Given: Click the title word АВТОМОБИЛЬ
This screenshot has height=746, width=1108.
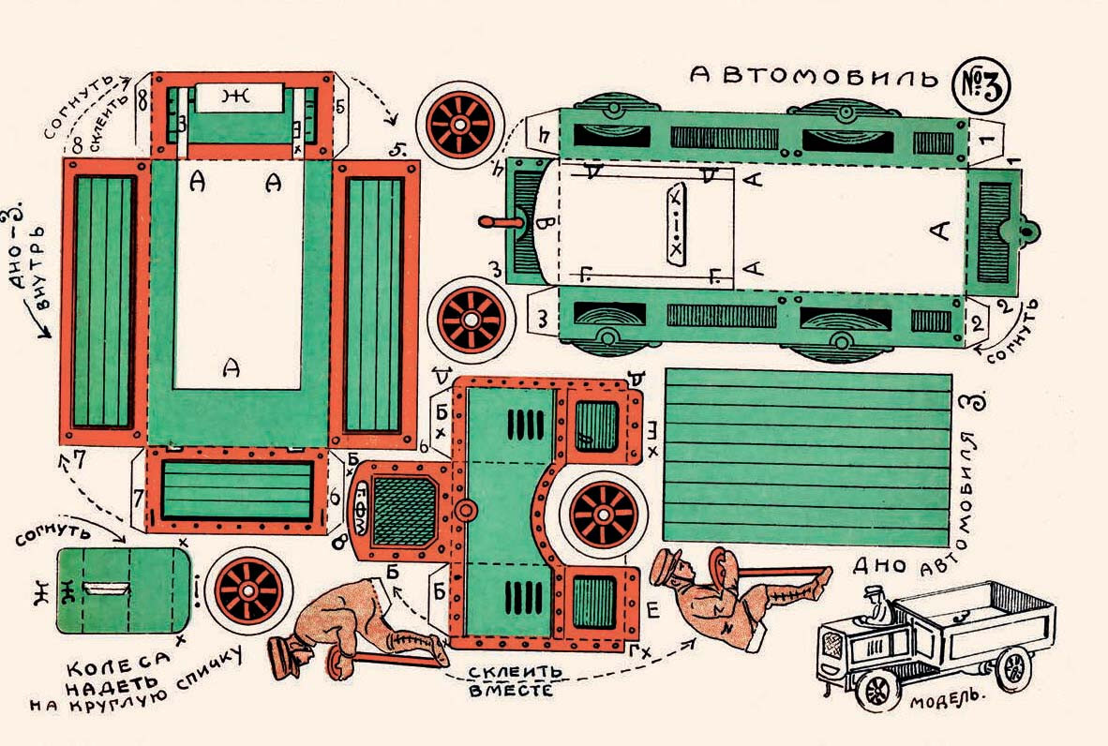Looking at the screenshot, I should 813,78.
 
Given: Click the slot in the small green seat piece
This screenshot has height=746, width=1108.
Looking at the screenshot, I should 109,589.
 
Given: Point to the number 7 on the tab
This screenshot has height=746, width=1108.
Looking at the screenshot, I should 137,494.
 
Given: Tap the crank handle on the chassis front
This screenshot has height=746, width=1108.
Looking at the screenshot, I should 495,222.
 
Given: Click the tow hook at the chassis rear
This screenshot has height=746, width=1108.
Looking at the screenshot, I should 1028,231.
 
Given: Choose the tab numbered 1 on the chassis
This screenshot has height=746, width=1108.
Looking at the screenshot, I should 984,139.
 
